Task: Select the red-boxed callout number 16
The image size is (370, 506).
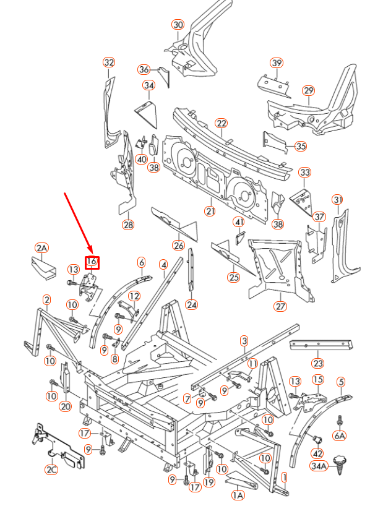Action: (92, 262)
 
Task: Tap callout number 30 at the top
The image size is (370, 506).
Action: (178, 25)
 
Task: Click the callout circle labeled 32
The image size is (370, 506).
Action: (109, 62)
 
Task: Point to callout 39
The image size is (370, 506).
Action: (276, 63)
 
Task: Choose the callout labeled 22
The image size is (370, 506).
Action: (221, 124)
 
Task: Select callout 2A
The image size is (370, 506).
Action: (41, 248)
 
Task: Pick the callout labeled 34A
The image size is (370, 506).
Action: (319, 466)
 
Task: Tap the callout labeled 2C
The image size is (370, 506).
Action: (51, 470)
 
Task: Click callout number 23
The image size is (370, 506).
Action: (317, 363)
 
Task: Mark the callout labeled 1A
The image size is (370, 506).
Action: (237, 495)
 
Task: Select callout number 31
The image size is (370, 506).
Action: (337, 199)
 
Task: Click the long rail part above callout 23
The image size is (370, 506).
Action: (322, 343)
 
